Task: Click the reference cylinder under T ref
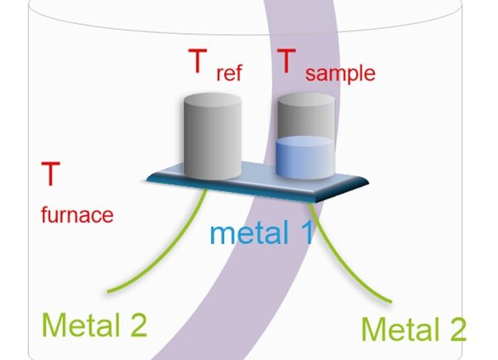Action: click(x=211, y=141)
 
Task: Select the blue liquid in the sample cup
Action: click(x=304, y=159)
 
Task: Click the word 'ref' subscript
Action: click(x=228, y=73)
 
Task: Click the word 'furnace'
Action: click(x=77, y=215)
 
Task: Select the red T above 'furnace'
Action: click(x=50, y=175)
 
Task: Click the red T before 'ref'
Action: click(x=197, y=62)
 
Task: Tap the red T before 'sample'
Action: click(x=286, y=62)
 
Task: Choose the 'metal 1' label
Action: click(x=261, y=233)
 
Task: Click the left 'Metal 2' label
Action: click(x=93, y=324)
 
